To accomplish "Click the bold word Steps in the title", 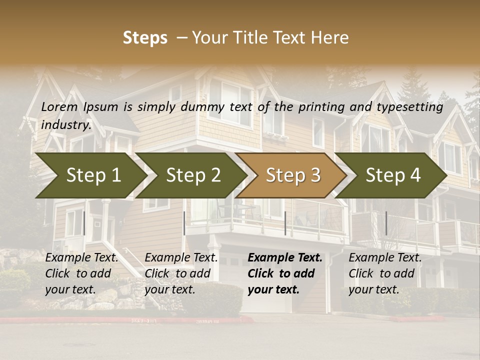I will click(145, 38).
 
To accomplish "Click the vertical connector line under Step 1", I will click(84, 223).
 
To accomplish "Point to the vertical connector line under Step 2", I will click(184, 223).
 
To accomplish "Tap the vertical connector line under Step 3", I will click(285, 223).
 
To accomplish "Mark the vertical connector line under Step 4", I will click(386, 223).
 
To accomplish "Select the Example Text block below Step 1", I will click(81, 273).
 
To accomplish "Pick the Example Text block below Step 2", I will click(181, 273).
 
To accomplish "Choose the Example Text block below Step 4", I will click(385, 273).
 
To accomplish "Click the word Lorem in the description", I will click(59, 106).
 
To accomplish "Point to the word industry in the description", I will click(66, 124).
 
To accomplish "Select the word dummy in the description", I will click(206, 107).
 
